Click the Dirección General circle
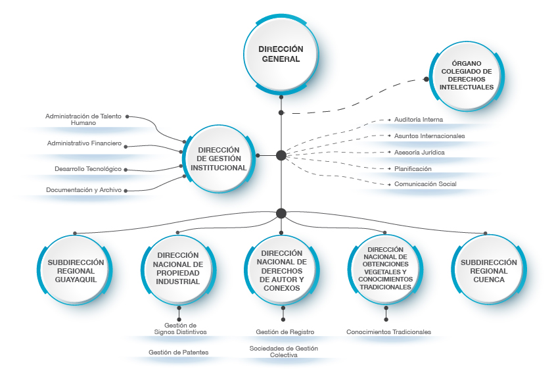click(281, 54)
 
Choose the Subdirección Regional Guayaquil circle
click(76, 271)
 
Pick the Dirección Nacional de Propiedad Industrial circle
click(179, 268)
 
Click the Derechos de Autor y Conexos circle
click(281, 270)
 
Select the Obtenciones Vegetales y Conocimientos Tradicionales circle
click(386, 268)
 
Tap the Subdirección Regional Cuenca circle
click(486, 271)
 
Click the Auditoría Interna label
click(419, 120)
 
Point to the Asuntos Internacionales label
click(429, 135)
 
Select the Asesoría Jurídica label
click(419, 152)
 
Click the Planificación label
click(413, 168)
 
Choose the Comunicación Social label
click(425, 184)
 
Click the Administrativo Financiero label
click(84, 143)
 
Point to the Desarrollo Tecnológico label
click(88, 169)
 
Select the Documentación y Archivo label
click(84, 190)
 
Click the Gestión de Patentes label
click(179, 353)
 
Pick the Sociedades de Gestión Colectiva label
click(284, 351)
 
